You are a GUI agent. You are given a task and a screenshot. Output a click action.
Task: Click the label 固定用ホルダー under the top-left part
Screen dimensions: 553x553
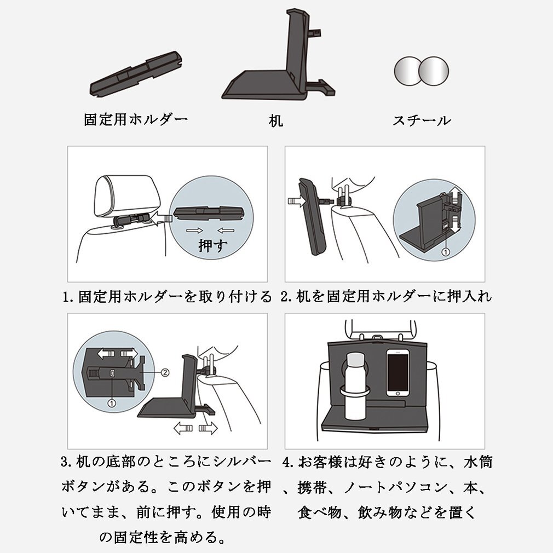point(136,119)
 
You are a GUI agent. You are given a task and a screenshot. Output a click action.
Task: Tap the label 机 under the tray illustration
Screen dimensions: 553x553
point(276,120)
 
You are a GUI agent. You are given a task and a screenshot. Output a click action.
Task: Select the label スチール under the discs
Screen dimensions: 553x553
point(422,120)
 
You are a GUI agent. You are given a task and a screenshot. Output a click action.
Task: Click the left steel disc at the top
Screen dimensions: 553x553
point(407,71)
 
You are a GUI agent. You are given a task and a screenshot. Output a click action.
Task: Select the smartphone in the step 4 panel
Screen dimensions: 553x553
point(398,373)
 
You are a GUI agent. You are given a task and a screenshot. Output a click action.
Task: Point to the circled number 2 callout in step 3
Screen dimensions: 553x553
point(165,372)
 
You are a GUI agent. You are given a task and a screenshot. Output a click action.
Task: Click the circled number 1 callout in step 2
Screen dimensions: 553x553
point(446,252)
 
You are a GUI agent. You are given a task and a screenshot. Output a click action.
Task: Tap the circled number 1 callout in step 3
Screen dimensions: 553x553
point(112,402)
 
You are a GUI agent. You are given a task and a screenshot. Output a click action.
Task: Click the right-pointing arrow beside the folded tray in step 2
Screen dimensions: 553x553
point(296,202)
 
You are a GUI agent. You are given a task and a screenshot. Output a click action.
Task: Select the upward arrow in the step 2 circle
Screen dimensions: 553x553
point(456,194)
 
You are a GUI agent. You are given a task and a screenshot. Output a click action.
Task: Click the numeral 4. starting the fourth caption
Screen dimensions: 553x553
point(289,462)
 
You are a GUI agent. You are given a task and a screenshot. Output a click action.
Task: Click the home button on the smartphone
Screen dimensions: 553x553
point(398,393)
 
